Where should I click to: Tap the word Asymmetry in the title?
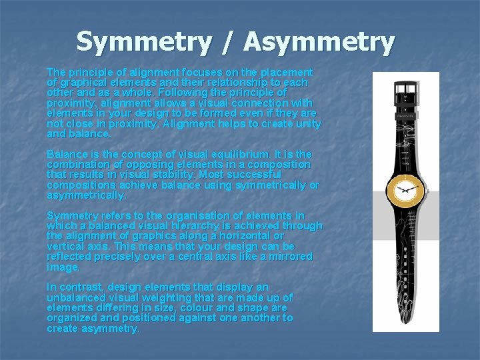(x=319, y=42)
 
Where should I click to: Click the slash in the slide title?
(x=227, y=42)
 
